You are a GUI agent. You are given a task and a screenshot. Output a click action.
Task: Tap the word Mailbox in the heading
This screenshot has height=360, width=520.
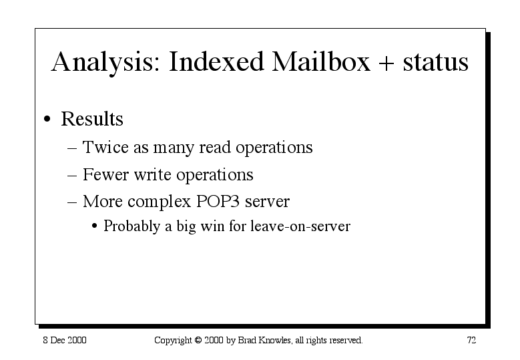pyautogui.click(x=320, y=61)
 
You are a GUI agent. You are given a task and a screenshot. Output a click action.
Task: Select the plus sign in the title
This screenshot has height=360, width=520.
pyautogui.click(x=386, y=63)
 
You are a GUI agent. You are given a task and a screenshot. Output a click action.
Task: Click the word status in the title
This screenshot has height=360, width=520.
pyautogui.click(x=435, y=62)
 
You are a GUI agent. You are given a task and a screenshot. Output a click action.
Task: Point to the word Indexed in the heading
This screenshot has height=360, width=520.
pyautogui.click(x=216, y=61)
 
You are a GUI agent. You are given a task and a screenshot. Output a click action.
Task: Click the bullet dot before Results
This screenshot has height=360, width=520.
pyautogui.click(x=47, y=119)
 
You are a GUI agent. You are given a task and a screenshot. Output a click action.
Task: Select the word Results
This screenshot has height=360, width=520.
pyautogui.click(x=92, y=119)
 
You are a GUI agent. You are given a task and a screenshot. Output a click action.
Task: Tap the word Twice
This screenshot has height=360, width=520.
pyautogui.click(x=105, y=147)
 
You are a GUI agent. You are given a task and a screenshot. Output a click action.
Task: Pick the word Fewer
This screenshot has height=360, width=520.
pyautogui.click(x=105, y=174)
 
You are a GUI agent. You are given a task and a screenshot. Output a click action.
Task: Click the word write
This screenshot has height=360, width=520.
pyautogui.click(x=152, y=174)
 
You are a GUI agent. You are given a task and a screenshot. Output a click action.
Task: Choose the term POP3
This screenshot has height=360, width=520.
pyautogui.click(x=218, y=202)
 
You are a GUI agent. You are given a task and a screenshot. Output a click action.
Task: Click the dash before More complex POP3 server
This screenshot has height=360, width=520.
pyautogui.click(x=72, y=202)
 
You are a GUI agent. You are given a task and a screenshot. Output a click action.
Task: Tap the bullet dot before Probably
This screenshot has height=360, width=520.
pyautogui.click(x=95, y=226)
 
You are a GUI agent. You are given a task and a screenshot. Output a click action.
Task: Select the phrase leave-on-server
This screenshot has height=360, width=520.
pyautogui.click(x=300, y=226)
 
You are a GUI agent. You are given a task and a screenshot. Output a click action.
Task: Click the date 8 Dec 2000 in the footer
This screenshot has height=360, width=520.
pyautogui.click(x=65, y=341)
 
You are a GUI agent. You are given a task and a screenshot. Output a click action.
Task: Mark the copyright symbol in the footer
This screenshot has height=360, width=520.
pyautogui.click(x=198, y=341)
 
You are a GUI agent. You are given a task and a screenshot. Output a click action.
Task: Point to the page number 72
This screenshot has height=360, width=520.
pyautogui.click(x=471, y=341)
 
